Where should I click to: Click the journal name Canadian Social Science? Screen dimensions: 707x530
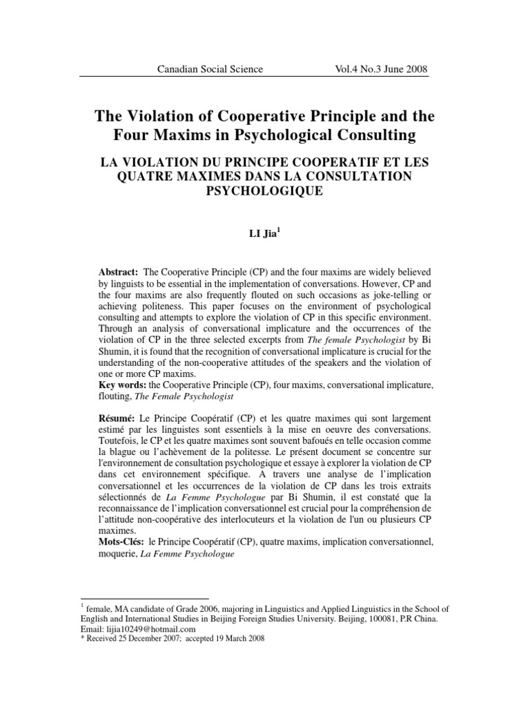pyautogui.click(x=210, y=69)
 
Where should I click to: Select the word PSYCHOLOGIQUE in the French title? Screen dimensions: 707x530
pyautogui.click(x=265, y=190)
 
